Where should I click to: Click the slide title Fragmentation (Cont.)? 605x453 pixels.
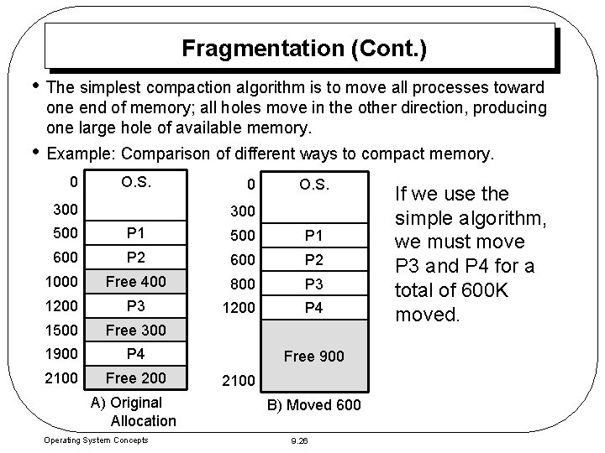(303, 49)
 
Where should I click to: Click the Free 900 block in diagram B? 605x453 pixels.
(314, 356)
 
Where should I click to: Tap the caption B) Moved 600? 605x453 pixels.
(313, 406)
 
